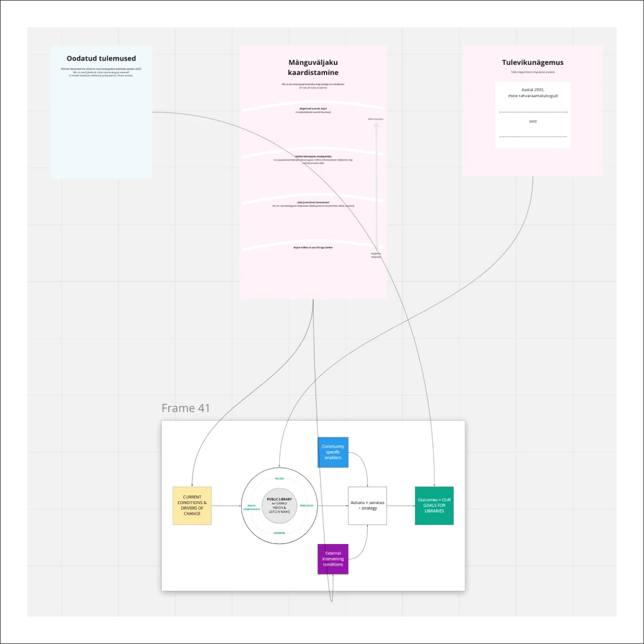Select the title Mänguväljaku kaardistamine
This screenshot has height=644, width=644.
(313, 67)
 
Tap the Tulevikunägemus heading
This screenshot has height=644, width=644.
(533, 62)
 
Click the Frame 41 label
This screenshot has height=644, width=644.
(185, 408)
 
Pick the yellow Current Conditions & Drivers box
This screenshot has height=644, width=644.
(192, 506)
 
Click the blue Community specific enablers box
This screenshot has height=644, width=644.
(333, 452)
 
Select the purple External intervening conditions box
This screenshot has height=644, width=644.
(333, 559)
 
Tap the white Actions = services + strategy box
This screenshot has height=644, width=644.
(367, 506)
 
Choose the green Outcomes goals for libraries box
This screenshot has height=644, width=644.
(434, 506)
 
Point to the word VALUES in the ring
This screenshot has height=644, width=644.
(280, 479)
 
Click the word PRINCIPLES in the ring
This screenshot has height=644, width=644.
(307, 506)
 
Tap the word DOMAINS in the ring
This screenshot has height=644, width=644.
(280, 533)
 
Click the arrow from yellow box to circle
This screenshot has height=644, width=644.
(226, 506)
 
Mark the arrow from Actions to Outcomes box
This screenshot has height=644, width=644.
(401, 506)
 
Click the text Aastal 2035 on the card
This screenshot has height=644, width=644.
(533, 90)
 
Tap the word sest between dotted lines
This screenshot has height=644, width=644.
(533, 121)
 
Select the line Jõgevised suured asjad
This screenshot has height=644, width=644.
(313, 108)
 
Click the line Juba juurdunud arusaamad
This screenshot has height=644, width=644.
(313, 202)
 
